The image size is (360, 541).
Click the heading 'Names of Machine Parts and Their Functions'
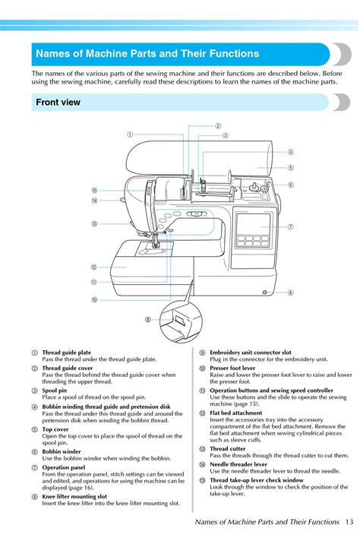point(147,54)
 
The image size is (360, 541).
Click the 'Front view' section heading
point(58,102)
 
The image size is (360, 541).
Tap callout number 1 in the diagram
point(130,134)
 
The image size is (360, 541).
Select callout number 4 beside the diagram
point(291,152)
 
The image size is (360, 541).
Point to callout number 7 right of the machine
point(291,227)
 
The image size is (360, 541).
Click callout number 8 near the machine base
point(291,293)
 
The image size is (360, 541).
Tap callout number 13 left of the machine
point(95,224)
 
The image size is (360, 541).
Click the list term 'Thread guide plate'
point(67,353)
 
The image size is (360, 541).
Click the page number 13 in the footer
point(348,522)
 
